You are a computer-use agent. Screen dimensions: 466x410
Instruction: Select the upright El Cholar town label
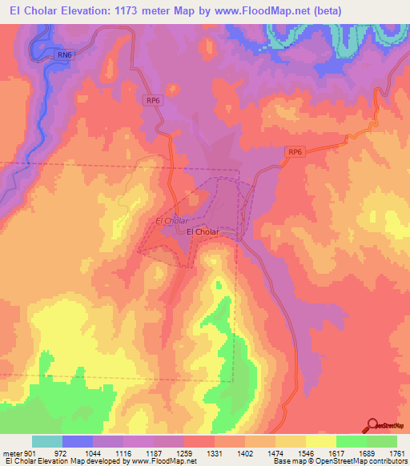[203, 232]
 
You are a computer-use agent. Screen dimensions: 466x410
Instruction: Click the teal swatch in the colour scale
[47, 441]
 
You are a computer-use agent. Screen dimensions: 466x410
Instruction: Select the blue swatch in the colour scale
[78, 441]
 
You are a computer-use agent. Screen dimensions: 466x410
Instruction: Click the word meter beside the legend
[10, 452]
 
